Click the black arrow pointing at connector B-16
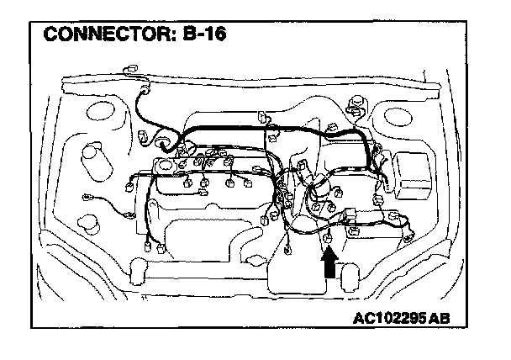click(x=329, y=264)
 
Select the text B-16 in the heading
click(x=205, y=35)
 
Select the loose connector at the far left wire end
click(x=86, y=199)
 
